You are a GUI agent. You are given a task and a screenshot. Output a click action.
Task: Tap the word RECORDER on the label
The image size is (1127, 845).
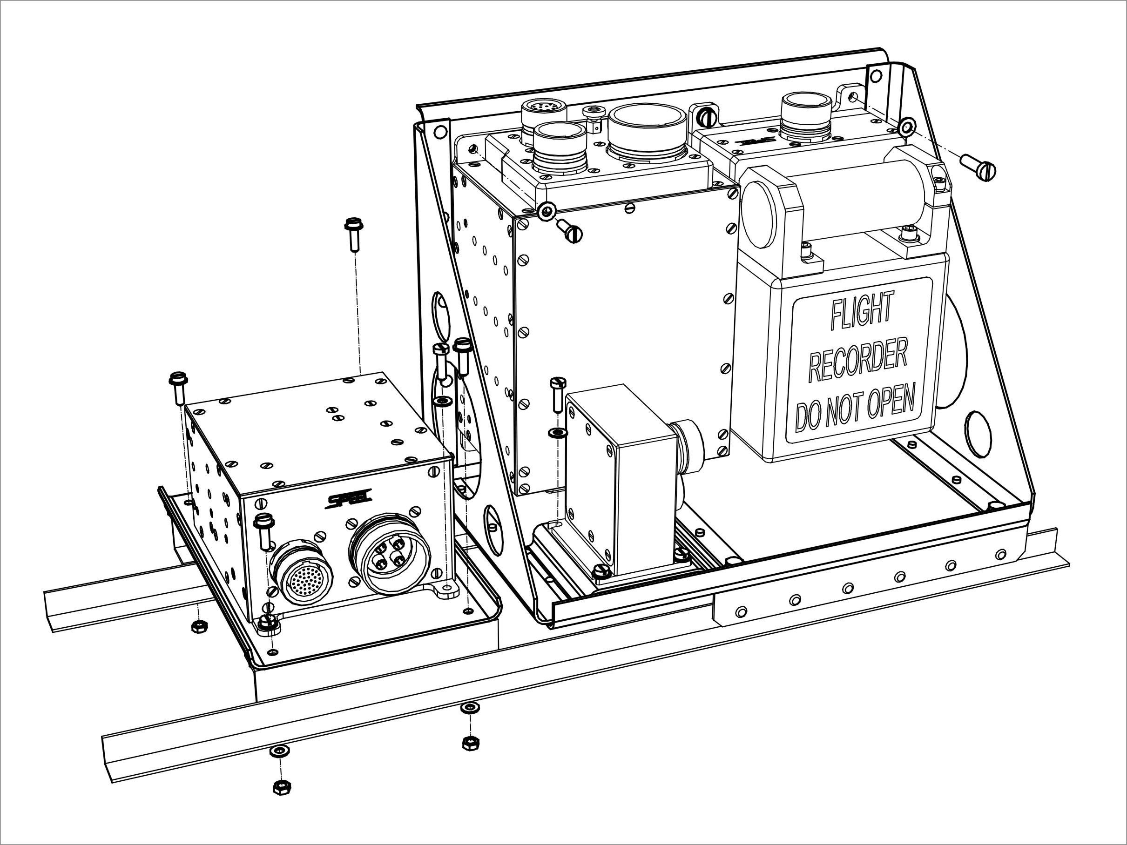(858, 362)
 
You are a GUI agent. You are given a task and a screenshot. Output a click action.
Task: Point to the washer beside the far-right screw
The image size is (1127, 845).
(905, 125)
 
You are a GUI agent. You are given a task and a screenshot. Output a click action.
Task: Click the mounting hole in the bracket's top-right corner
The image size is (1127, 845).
(875, 76)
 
